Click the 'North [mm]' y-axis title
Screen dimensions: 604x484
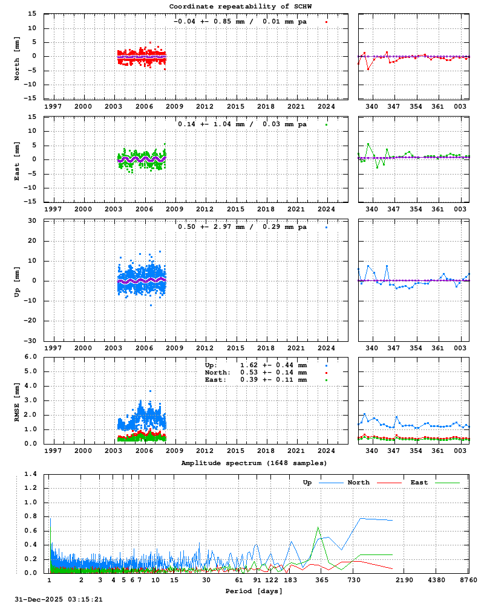point(17,56)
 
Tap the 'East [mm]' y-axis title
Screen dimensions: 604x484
point(17,159)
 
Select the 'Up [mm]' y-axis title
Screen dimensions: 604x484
point(17,280)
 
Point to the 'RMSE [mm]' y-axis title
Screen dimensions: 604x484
point(17,400)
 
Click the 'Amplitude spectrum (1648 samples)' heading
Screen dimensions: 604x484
point(253,463)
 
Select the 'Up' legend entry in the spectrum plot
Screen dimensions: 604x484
point(307,483)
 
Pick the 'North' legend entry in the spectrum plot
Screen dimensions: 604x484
point(359,483)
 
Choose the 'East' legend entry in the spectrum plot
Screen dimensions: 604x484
point(419,483)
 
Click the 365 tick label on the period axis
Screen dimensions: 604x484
point(322,580)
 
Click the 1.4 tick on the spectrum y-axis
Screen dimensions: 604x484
point(30,474)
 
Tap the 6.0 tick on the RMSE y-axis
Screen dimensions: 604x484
point(30,356)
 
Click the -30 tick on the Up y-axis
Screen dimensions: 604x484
point(29,341)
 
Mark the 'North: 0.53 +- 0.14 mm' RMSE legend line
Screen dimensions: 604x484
point(256,373)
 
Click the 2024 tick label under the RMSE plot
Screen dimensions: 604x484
point(327,451)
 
